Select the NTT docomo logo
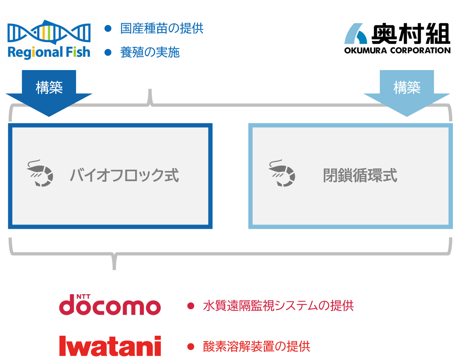coord(110,305)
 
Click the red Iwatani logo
coord(110,346)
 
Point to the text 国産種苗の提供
coord(162,28)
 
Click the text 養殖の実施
coord(150,53)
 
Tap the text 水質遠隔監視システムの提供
coord(278,306)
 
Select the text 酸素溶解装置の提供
coord(256,346)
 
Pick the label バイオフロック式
coord(124,176)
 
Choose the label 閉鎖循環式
coord(360,176)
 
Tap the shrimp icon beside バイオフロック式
coord(40,173)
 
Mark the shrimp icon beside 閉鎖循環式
coord(282,173)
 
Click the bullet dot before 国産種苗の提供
coord(108,28)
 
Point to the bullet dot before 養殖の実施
coord(108,53)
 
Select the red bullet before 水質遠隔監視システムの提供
coord(191,306)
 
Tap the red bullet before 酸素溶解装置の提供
coord(191,346)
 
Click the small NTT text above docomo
coord(83,297)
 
